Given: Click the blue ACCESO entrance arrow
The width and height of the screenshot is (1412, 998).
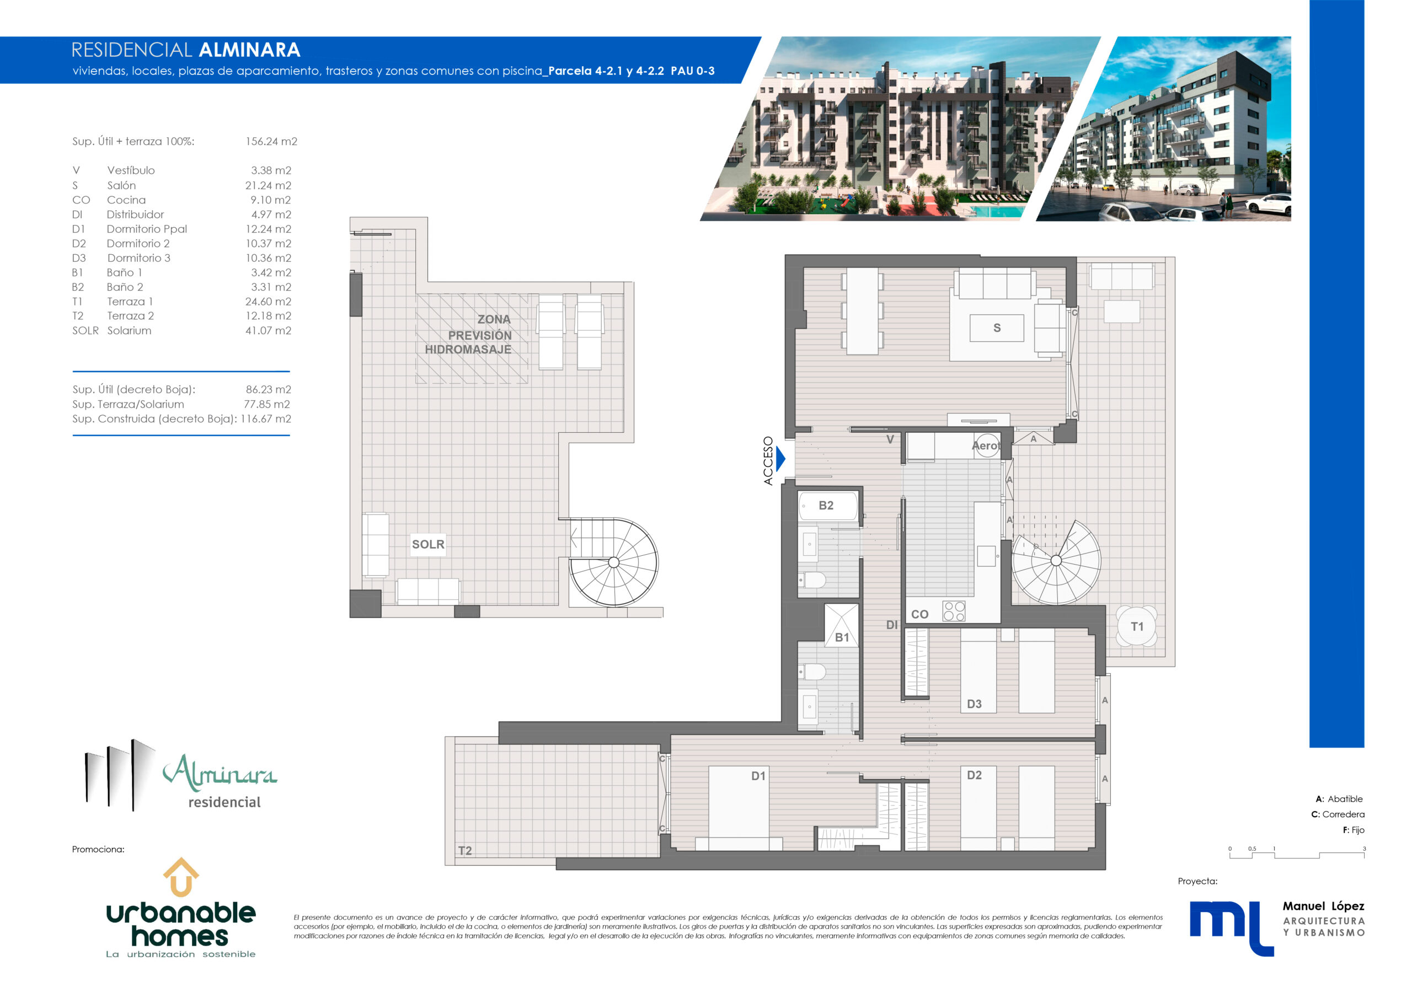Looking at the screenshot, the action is (x=780, y=459).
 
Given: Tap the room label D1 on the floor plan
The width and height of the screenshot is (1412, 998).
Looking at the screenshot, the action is (x=758, y=776).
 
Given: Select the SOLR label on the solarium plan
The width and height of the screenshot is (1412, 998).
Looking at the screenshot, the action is (x=428, y=544).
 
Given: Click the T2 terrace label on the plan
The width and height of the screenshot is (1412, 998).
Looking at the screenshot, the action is (x=465, y=850).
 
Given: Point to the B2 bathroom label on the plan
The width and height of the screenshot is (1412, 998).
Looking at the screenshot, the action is (x=826, y=506).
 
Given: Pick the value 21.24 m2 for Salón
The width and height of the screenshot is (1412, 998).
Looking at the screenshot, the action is (x=268, y=185).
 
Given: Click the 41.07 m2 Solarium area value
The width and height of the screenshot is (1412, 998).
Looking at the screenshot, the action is (x=268, y=330).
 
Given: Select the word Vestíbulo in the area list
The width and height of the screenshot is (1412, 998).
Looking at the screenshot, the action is (x=131, y=170).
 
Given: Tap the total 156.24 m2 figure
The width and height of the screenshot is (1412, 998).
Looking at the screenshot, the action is (x=271, y=142).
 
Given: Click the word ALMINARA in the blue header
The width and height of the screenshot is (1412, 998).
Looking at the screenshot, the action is (x=250, y=50).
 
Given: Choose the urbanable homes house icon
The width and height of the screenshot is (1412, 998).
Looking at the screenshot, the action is (x=181, y=877).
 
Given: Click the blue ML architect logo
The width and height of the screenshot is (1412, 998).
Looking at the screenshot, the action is (x=1231, y=928).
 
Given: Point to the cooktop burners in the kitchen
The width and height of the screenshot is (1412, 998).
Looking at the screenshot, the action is (x=954, y=611).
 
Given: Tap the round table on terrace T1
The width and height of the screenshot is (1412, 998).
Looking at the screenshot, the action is (x=1136, y=626).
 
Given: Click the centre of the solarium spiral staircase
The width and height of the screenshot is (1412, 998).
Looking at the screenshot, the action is (x=613, y=562).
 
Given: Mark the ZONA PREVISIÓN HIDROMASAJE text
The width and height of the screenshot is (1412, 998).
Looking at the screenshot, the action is (x=469, y=334).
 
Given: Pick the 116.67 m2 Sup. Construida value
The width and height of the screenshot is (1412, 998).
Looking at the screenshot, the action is (x=266, y=418).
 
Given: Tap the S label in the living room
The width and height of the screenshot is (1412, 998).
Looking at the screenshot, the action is (x=997, y=328).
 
